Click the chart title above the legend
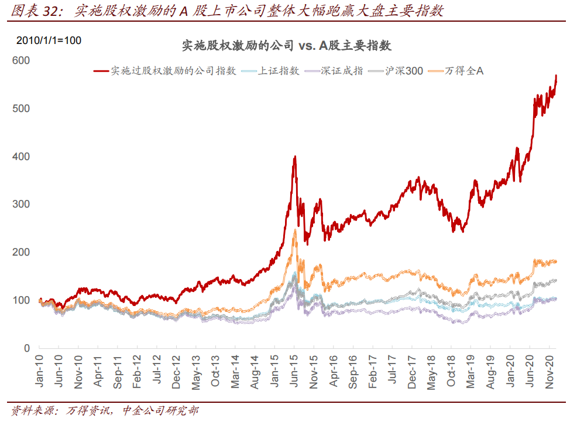(x=286, y=46)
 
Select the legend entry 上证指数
(x=279, y=71)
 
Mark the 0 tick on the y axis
(x=27, y=348)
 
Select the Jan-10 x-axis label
(x=40, y=371)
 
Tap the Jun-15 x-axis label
(x=295, y=371)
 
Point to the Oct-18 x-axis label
(x=452, y=371)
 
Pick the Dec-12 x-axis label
(x=177, y=371)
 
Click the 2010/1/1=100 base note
(x=49, y=40)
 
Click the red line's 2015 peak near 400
(x=295, y=157)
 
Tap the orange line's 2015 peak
(x=295, y=230)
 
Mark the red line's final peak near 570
(x=556, y=76)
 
